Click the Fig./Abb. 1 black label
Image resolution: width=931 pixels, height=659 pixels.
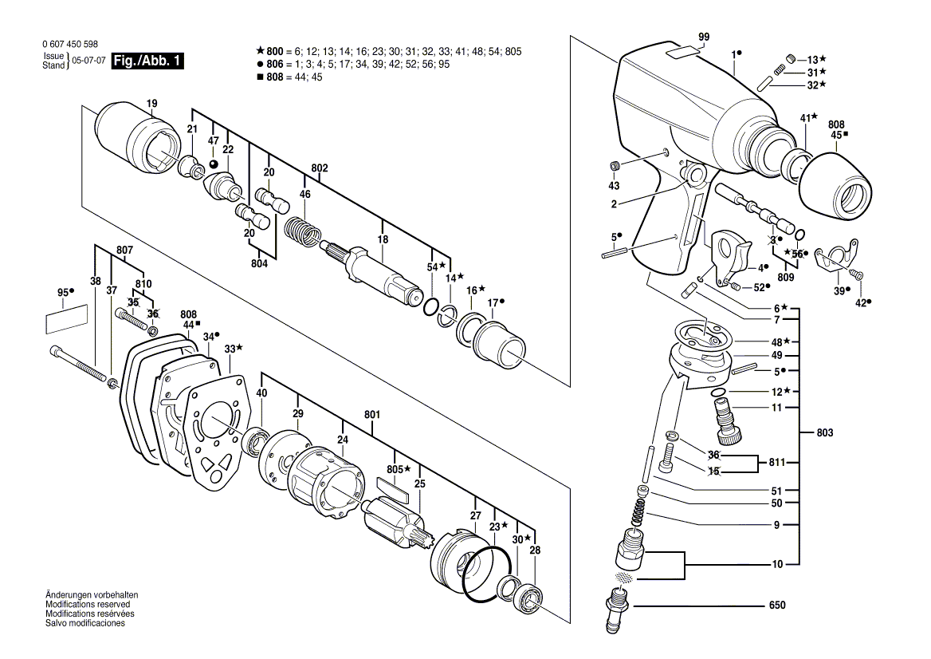[147, 61]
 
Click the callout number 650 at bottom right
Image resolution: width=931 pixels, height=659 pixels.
[777, 606]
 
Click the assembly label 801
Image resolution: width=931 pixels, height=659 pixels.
[372, 414]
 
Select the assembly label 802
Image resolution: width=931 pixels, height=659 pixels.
[320, 168]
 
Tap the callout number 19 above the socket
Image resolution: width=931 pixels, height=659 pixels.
[151, 103]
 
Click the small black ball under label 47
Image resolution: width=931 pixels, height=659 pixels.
[213, 164]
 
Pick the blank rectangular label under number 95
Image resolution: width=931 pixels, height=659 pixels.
[65, 320]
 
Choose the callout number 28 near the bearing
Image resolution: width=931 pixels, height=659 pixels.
[534, 551]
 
